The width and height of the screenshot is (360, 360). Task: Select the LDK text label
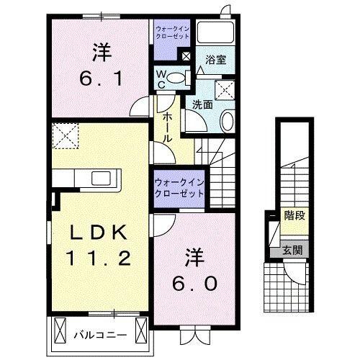pos(99,232)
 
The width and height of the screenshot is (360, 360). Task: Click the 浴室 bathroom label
pos(215,60)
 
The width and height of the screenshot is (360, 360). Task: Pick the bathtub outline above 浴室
pos(215,33)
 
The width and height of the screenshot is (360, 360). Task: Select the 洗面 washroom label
pos(202,103)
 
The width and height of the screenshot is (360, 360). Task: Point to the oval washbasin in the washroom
pos(228,121)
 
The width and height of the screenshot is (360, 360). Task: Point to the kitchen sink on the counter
pos(99,178)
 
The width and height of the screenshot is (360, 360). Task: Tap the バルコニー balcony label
pos(101,335)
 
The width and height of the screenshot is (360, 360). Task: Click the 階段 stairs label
pos(294,215)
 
